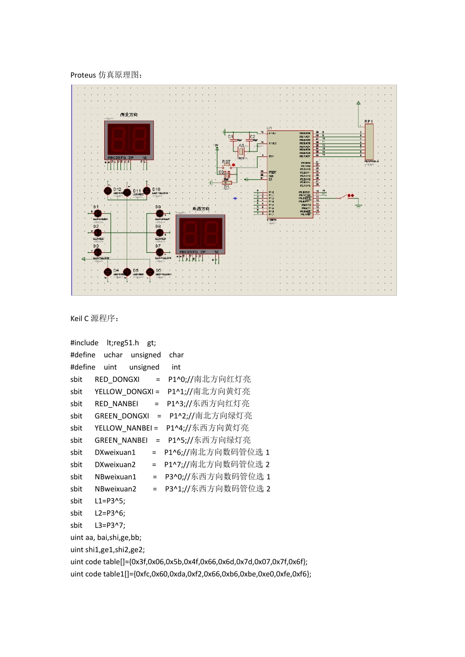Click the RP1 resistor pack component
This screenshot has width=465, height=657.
(369, 142)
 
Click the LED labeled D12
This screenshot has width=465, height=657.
(108, 191)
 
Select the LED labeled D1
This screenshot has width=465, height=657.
(97, 214)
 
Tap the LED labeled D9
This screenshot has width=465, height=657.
(160, 214)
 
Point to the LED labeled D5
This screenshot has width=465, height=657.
(127, 272)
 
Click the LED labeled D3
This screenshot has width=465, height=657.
(97, 253)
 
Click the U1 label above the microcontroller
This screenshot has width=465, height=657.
(269, 128)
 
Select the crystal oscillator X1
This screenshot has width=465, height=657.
(241, 152)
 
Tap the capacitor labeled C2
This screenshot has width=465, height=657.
(251, 139)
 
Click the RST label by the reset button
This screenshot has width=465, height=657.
(226, 162)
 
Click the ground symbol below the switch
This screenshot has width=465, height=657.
(358, 205)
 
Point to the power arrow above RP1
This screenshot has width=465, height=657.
(359, 103)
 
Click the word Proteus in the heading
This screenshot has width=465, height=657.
(83, 75)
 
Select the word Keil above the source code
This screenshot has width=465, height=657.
(76, 318)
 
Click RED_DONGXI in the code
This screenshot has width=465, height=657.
(117, 379)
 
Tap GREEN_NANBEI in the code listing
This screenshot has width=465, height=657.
(121, 440)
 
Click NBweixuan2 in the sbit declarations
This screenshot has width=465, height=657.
(116, 489)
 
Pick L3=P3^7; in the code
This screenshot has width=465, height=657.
(110, 525)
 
